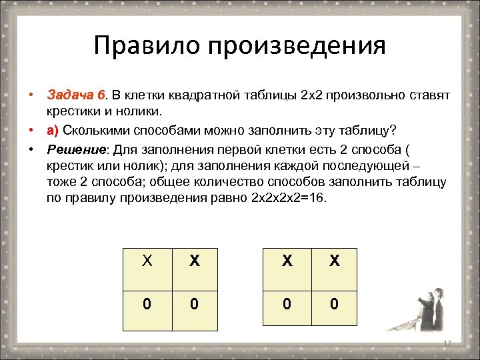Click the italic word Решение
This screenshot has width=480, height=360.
pyautogui.click(x=72, y=146)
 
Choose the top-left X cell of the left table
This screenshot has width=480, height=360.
pyautogui.click(x=147, y=262)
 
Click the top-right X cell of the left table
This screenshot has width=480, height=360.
pyautogui.click(x=194, y=262)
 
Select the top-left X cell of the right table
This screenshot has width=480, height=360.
pyautogui.click(x=287, y=262)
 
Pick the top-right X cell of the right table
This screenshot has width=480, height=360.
pyautogui.click(x=334, y=262)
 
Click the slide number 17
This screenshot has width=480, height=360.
pyautogui.click(x=447, y=343)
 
